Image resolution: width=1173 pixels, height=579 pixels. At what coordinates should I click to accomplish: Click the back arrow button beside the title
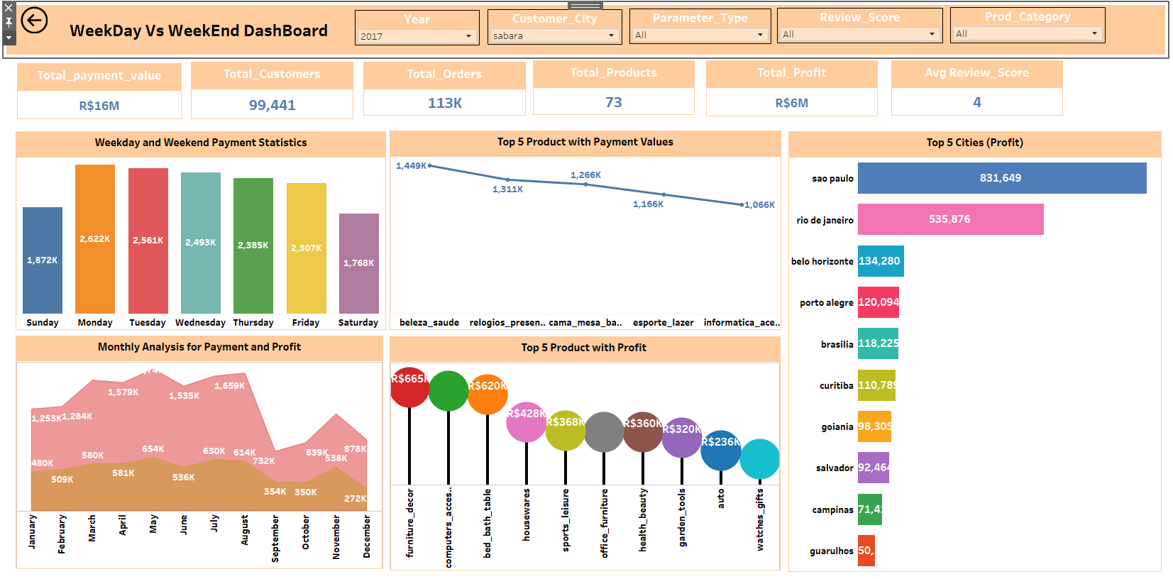(x=34, y=21)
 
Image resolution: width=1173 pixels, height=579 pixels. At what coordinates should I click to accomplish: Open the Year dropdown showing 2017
(x=417, y=36)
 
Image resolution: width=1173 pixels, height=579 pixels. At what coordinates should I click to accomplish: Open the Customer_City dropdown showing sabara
(x=554, y=35)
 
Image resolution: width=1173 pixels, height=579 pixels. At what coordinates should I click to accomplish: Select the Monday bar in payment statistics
(x=95, y=239)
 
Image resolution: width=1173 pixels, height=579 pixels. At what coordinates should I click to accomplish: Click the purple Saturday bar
(x=358, y=263)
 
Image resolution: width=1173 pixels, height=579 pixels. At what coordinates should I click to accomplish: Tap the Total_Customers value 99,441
(x=272, y=105)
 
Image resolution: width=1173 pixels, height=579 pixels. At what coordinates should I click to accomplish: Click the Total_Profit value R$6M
(x=791, y=103)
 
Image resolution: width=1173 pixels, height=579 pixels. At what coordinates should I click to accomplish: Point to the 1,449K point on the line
(x=430, y=165)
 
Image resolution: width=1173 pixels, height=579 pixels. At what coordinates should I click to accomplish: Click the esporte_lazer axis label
(x=663, y=322)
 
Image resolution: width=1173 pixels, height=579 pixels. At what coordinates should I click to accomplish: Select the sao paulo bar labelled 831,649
(x=1001, y=178)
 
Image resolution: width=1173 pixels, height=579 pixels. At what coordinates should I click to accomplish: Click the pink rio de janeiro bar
(x=949, y=219)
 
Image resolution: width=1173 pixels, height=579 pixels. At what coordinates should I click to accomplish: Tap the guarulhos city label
(x=831, y=551)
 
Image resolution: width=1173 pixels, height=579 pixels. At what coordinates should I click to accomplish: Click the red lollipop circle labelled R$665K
(x=409, y=387)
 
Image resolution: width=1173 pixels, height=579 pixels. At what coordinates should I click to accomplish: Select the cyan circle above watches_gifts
(x=759, y=459)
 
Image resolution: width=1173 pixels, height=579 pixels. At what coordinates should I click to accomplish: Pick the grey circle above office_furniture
(x=604, y=432)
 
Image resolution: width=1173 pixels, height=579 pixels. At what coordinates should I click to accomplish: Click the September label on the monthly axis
(x=275, y=538)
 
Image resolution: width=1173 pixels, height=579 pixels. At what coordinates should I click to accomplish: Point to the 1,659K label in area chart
(x=229, y=386)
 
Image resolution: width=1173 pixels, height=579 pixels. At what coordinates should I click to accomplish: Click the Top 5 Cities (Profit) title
(x=974, y=143)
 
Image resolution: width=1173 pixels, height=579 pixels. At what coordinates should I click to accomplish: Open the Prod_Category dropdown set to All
(x=1027, y=33)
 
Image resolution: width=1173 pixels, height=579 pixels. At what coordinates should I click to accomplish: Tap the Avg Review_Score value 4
(x=976, y=102)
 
